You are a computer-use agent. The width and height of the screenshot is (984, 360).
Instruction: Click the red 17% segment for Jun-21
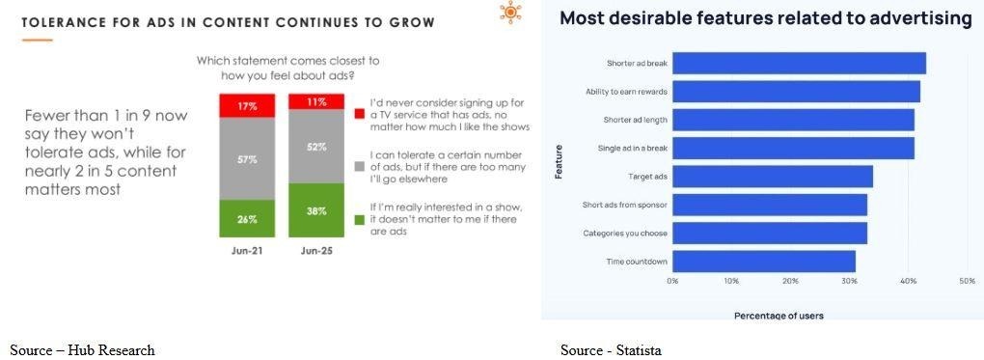pos(247,105)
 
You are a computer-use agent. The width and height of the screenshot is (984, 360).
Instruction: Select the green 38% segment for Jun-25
pos(316,210)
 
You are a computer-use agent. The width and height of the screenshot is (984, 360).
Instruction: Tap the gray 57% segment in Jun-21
pos(247,159)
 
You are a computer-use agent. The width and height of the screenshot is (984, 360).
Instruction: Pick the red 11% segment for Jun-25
pos(316,101)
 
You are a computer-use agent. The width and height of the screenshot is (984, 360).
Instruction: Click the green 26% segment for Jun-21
pos(247,219)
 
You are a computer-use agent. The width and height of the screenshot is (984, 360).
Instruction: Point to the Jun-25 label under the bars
pos(316,251)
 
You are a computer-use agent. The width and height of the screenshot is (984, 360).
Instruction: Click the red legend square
pos(359,114)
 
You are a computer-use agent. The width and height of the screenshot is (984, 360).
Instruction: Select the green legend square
pos(359,220)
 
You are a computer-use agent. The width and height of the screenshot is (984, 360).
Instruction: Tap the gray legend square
pos(359,167)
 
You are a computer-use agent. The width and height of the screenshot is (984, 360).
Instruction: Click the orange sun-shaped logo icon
pos(510,13)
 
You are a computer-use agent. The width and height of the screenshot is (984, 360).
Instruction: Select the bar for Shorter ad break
pos(799,64)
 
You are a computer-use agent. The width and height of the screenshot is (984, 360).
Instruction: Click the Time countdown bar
pos(764,262)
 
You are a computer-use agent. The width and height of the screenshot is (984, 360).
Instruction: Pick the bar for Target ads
pos(773,177)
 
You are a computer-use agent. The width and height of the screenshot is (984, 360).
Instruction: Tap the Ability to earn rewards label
pos(626,92)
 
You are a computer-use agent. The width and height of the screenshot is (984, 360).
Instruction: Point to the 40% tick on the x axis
pos(908,282)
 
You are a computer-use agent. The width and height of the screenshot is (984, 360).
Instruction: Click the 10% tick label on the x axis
pos(731,282)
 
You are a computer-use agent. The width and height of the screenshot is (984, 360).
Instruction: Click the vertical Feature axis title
pos(558,162)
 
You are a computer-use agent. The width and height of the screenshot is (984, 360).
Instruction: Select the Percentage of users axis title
pos(779,315)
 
